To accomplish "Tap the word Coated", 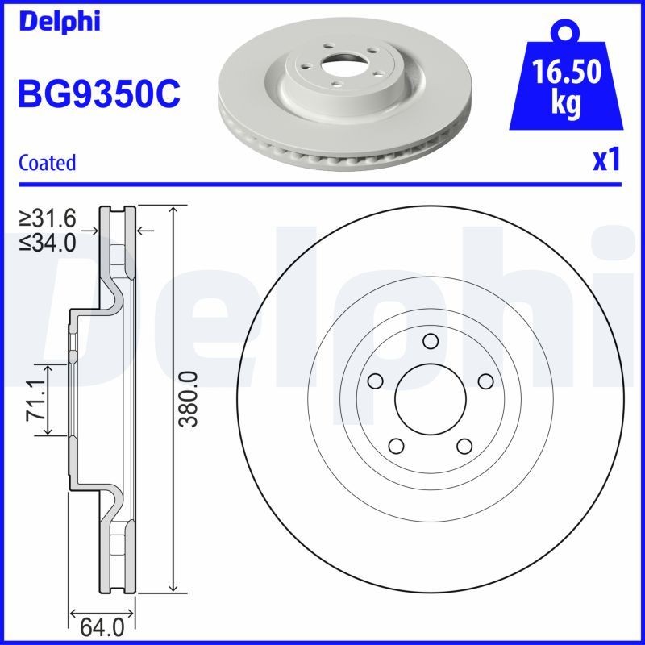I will coord(47,162).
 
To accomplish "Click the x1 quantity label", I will coord(606,161).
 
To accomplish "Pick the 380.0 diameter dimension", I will coord(189,400).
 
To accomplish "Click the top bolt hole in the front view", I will coord(430,340).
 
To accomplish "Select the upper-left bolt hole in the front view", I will coord(374,381).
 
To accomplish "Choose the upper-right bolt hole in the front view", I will coord(485,381).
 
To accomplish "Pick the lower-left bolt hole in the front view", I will coord(395,445).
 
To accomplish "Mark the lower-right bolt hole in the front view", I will coord(464,445).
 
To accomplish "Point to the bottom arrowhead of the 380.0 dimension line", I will coord(173,589).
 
